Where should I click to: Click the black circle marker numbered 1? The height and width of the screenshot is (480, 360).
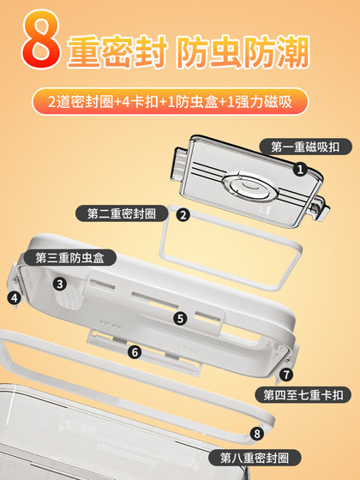pos(300,170)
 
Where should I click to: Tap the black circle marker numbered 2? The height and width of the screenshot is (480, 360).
pos(183,215)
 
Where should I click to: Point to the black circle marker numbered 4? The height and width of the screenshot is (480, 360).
pos(14,298)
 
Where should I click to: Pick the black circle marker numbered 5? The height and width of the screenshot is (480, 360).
pos(180,318)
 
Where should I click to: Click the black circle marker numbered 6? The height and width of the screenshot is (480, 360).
pos(134,351)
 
